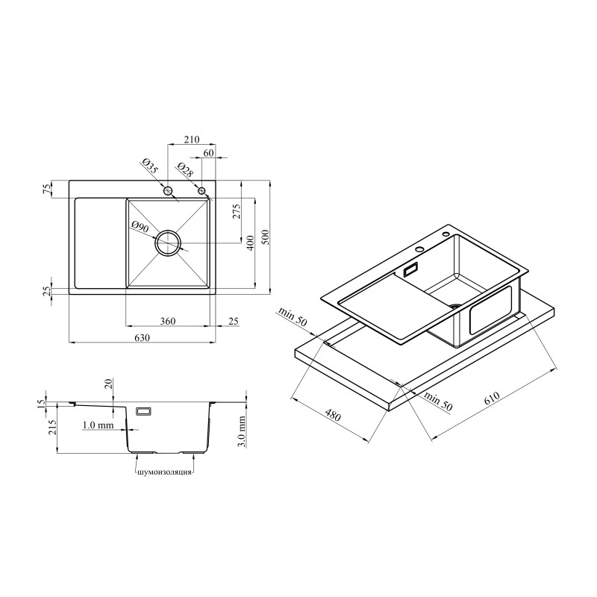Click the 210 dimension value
coord(192,140)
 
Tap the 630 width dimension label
coord(142,338)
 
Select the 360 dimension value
coord(167,322)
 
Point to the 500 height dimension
coord(266,237)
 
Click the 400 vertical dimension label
coord(250,243)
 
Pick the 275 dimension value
coord(237,212)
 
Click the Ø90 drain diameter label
coord(140,227)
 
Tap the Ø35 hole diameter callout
coord(150,166)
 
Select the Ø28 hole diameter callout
coord(185,170)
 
